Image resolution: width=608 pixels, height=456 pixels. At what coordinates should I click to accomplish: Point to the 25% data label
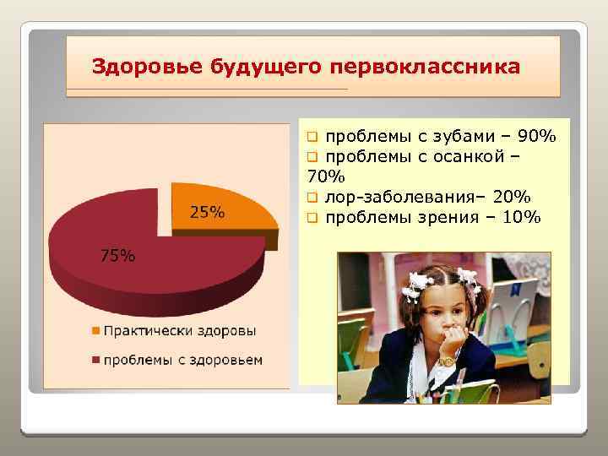coord(207,212)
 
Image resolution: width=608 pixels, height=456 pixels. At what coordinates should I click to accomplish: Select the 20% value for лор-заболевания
coord(512,198)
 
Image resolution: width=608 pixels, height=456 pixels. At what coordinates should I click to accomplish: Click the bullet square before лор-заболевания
coord(311,198)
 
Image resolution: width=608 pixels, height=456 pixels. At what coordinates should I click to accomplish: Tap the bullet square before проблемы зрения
coord(311,219)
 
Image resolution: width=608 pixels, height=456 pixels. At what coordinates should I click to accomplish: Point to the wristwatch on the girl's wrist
coord(445,361)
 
